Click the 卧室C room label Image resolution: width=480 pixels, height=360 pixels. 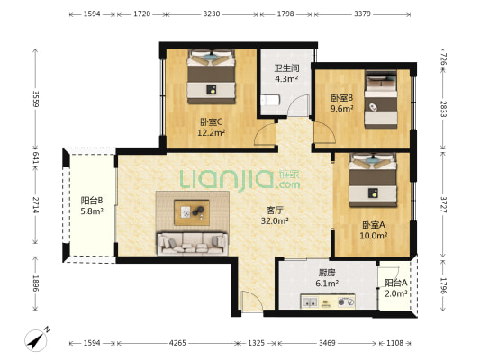pos(211,122)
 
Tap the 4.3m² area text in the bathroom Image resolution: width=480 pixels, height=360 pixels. pos(286,79)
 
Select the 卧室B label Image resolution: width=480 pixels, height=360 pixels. pos(341,98)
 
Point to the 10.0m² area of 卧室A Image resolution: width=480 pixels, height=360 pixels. pos(374,236)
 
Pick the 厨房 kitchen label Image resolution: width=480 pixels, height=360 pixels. pos(327,273)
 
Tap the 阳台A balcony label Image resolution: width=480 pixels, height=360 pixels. pos(396,283)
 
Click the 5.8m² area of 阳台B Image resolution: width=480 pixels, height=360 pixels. pos(92,211)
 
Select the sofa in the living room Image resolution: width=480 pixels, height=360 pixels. pos(192,244)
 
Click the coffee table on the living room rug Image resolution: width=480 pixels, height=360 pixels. pos(192,212)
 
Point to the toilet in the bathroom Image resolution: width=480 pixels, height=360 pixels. pos(269,100)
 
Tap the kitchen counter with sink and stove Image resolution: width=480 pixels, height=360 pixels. pos(328,301)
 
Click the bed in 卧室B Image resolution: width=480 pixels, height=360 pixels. pos(381,100)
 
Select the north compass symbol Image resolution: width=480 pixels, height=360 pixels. pos(37,339)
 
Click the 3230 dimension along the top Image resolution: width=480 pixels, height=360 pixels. pos(212,14)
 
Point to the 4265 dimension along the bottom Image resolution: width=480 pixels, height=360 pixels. pos(177,343)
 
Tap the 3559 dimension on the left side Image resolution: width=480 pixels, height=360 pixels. pos(36,99)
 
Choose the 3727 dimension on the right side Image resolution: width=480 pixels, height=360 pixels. pos(443,204)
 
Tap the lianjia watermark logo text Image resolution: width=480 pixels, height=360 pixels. pos(240,179)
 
